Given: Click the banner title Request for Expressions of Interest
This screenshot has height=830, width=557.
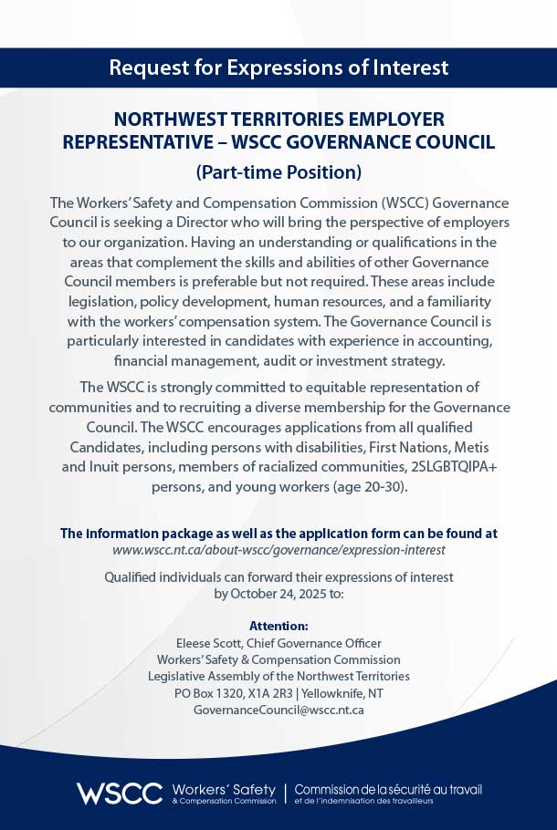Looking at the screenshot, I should [278, 67].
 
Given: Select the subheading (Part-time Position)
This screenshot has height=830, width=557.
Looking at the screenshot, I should [278, 171].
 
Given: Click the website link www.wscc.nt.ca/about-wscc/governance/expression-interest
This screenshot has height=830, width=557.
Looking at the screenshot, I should [278, 550].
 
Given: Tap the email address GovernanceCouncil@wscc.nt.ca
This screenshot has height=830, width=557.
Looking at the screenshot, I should [278, 709].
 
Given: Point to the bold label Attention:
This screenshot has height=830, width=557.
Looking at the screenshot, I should [278, 626].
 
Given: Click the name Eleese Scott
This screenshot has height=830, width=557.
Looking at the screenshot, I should [209, 643].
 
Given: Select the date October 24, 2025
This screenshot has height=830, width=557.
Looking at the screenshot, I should [278, 593].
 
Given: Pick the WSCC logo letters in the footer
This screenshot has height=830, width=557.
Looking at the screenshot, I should [120, 793].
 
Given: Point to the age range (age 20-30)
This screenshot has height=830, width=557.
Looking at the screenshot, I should [368, 487].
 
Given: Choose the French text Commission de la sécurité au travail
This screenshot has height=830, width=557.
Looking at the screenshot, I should [388, 789].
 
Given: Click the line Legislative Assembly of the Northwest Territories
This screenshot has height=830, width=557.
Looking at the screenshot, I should [278, 676].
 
